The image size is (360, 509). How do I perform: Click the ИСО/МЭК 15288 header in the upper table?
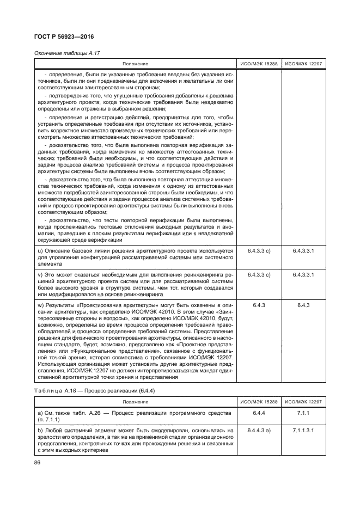pyautogui.click(x=259, y=64)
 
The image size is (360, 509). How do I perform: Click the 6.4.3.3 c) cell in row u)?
pyautogui.click(x=259, y=250)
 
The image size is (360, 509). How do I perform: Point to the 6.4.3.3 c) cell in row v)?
pyautogui.click(x=259, y=275)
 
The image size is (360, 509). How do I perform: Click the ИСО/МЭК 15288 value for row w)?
pyautogui.click(x=259, y=306)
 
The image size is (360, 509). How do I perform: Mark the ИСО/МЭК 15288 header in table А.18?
pyautogui.click(x=259, y=417)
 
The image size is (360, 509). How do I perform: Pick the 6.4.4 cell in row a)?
pyautogui.click(x=259, y=428)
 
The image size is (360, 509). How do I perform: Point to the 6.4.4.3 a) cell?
pyautogui.click(x=259, y=446)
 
